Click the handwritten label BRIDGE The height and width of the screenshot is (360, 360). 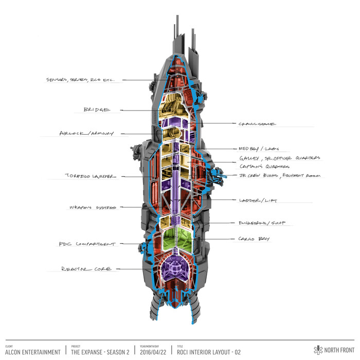pyautogui.click(x=97, y=110)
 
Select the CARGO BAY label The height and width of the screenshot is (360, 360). pyautogui.click(x=254, y=239)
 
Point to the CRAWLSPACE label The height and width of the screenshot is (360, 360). pyautogui.click(x=258, y=124)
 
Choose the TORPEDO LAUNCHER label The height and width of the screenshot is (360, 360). pyautogui.click(x=91, y=176)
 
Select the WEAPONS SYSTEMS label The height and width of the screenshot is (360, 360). pyautogui.click(x=93, y=207)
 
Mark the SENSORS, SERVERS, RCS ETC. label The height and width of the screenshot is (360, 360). pyautogui.click(x=83, y=80)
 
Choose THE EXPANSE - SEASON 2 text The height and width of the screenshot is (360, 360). pyautogui.click(x=99, y=352)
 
